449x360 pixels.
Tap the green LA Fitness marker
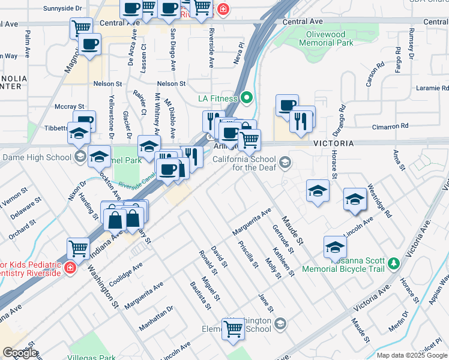click(x=247, y=98)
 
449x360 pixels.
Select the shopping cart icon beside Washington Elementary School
click(x=232, y=328)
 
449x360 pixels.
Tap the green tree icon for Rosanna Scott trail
click(x=394, y=263)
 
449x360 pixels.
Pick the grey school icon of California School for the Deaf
click(x=286, y=162)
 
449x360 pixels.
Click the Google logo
click(x=20, y=352)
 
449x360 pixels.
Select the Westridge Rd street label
click(x=379, y=200)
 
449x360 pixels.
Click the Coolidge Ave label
click(x=125, y=270)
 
